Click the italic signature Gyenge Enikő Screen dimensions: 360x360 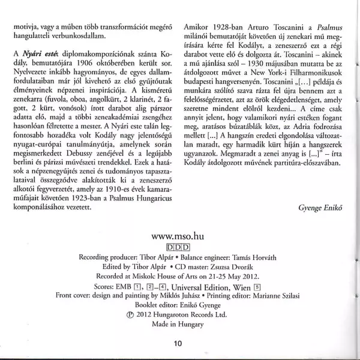click(x=323, y=208)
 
